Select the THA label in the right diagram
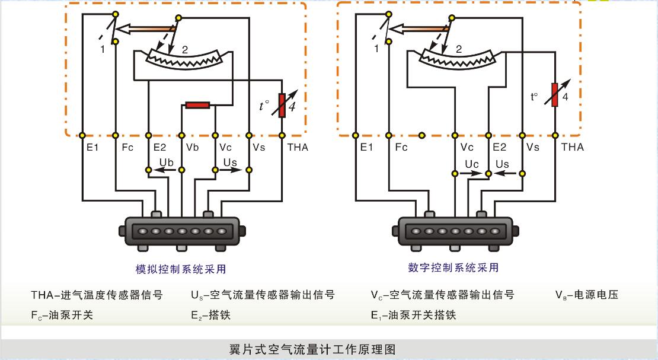572,147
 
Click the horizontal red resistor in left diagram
197,105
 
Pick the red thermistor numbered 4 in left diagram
282,105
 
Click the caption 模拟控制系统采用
181,269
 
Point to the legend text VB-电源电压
586,294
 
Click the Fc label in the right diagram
401,147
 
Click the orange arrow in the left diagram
145,28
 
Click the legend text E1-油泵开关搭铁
413,315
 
